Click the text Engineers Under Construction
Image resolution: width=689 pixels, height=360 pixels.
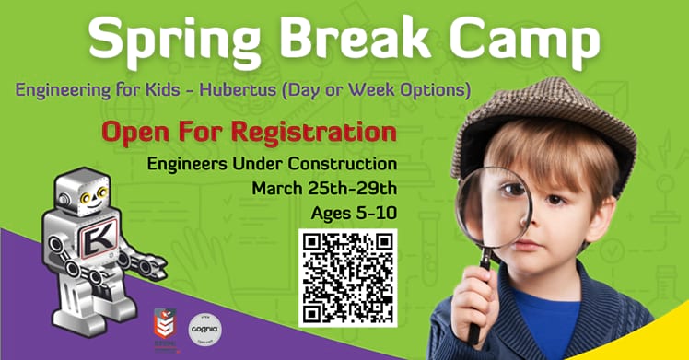pos(272,165)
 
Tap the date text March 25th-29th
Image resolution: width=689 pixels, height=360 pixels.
pos(324,190)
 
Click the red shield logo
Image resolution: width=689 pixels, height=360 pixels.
pos(165,328)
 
